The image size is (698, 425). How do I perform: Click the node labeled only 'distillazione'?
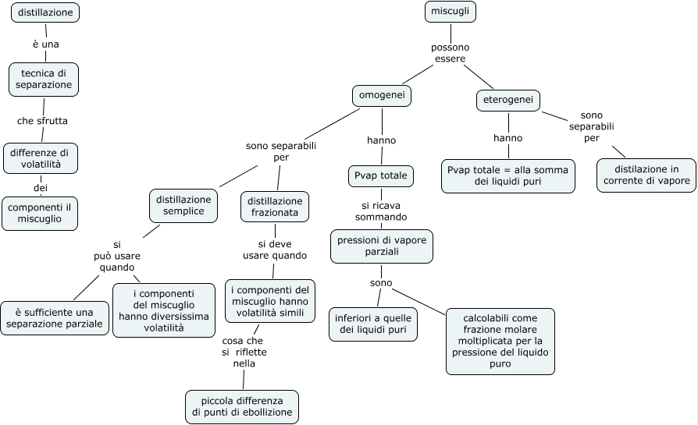45,12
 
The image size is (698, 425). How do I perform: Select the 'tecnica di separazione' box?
44,80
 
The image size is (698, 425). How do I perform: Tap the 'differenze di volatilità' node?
41,158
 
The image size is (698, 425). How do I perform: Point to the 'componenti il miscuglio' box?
40,214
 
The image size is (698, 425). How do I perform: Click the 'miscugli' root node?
450,12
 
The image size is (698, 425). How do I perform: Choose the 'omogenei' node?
382,96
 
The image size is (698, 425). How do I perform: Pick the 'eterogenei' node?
508,100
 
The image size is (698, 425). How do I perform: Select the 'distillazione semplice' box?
183,206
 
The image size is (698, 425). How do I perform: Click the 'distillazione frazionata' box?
275,207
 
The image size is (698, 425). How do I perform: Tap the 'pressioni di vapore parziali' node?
382,246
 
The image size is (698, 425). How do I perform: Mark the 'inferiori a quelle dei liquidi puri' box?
373,324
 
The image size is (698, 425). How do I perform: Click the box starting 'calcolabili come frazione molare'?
500,342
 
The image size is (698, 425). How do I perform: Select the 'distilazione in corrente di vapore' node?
646,175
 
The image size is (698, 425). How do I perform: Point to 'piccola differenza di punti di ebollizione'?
242,407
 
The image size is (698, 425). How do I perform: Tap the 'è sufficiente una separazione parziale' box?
55,318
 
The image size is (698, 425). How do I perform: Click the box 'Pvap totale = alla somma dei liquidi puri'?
508,176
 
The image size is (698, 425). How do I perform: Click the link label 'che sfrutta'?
42,121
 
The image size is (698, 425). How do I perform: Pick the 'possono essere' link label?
450,53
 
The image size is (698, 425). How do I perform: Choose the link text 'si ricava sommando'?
381,211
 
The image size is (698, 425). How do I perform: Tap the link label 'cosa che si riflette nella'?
244,352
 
